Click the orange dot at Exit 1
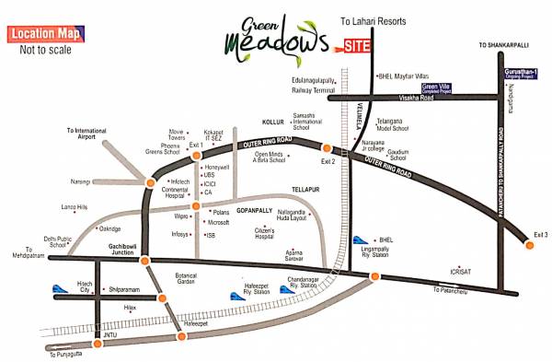click(x=195, y=155)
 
